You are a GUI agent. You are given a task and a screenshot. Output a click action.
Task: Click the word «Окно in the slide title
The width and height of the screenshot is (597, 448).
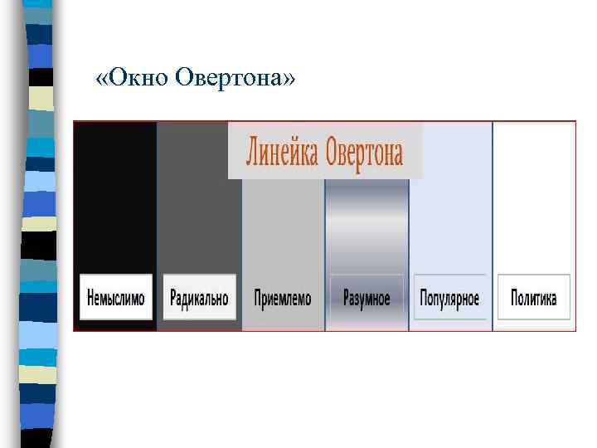click(133, 78)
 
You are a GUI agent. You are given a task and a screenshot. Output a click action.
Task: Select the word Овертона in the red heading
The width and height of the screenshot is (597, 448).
click(364, 153)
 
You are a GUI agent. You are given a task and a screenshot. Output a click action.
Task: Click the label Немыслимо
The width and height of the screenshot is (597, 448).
click(116, 298)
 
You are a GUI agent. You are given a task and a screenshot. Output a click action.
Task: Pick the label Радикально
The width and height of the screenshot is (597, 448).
click(199, 298)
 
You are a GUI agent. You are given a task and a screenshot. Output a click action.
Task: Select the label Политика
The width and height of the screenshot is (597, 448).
click(534, 298)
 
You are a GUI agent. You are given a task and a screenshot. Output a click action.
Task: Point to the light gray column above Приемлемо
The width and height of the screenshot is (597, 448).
click(283, 224)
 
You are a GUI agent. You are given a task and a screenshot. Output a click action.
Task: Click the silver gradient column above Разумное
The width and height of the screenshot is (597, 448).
click(366, 224)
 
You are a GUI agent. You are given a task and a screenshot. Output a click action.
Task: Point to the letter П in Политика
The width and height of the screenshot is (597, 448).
click(515, 298)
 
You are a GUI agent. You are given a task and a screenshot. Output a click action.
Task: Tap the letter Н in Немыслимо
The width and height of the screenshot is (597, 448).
click(90, 298)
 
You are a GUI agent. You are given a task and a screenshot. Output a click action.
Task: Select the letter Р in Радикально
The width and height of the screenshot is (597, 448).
click(172, 298)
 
